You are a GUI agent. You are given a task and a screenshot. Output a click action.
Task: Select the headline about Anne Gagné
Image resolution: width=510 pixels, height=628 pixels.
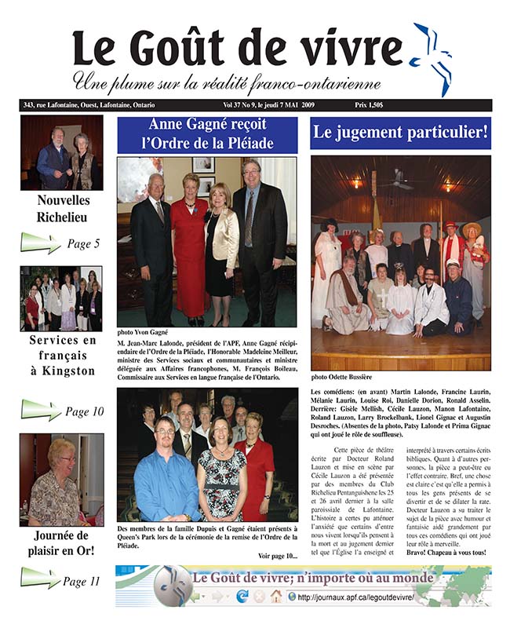coord(207,133)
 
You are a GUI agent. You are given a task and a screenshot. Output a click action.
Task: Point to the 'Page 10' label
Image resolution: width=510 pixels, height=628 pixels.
coord(85,411)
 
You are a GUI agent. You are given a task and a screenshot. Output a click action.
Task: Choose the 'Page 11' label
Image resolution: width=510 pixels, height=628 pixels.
coord(82,582)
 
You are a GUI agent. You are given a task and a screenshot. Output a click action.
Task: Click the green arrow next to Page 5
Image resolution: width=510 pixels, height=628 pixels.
coord(39,243)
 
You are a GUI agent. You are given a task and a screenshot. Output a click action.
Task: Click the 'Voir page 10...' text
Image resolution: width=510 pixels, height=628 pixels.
coord(277,556)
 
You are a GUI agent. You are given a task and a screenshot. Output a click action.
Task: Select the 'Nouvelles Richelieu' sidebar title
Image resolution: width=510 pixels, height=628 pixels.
coord(62,208)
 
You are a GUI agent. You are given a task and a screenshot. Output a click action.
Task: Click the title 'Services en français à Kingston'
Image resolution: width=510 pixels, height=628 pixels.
coord(62,355)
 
